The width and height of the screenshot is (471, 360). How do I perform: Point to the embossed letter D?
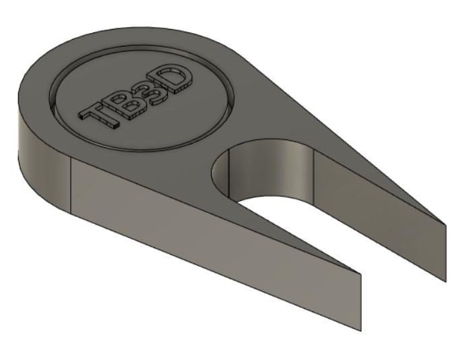coord(177,78)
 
